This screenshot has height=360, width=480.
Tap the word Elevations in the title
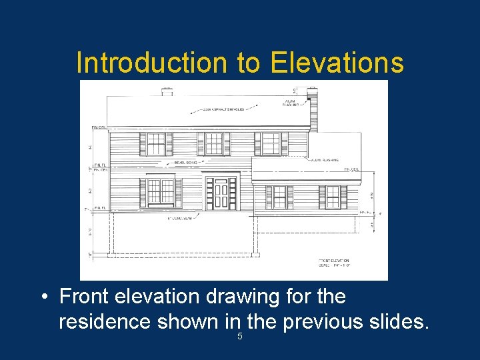337,63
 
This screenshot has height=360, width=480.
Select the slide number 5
240,337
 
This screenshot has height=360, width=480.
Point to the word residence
105,322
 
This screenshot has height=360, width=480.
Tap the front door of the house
221,192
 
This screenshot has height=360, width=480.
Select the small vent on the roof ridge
167,91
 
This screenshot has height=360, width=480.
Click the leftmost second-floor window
156,144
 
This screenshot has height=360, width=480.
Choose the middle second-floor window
213,143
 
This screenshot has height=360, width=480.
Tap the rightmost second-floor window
271,143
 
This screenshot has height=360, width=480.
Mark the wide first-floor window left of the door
160,191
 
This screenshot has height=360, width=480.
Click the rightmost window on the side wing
332,197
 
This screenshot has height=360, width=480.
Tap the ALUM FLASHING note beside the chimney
291,101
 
